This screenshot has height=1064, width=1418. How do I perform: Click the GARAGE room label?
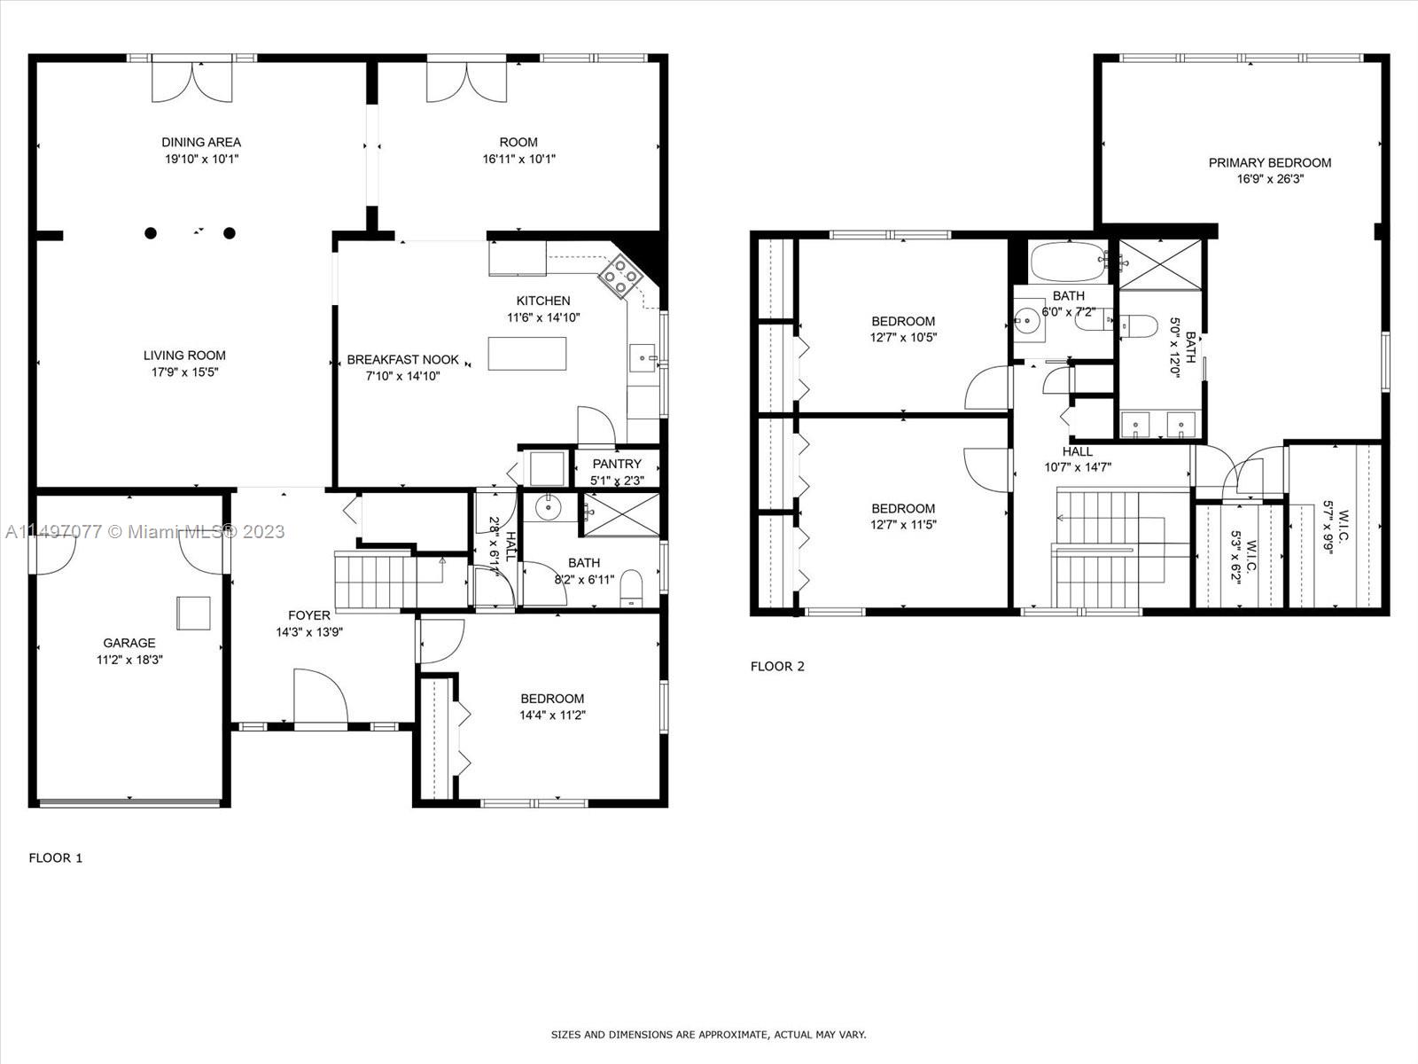pyautogui.click(x=129, y=643)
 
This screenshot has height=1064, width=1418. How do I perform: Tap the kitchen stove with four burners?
pyautogui.click(x=620, y=275)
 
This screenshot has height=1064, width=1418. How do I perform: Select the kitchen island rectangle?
pyautogui.click(x=527, y=354)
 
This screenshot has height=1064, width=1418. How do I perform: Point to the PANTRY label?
pyautogui.click(x=617, y=464)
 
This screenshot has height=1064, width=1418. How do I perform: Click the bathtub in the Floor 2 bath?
pyautogui.click(x=1069, y=262)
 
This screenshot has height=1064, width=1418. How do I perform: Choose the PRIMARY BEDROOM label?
pyautogui.click(x=1270, y=163)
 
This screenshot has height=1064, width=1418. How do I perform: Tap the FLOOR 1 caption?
pyautogui.click(x=56, y=858)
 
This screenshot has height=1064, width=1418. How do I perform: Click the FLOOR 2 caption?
pyautogui.click(x=778, y=667)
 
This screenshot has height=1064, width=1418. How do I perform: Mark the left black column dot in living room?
pyautogui.click(x=151, y=233)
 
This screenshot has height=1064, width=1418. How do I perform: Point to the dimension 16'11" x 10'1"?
pyautogui.click(x=518, y=159)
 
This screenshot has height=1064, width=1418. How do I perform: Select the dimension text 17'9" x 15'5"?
pyautogui.click(x=184, y=372)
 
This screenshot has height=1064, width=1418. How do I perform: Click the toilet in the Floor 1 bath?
pyautogui.click(x=631, y=589)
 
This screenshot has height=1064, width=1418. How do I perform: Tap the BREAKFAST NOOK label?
pyautogui.click(x=403, y=360)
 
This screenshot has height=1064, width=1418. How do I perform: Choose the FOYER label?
pyautogui.click(x=309, y=615)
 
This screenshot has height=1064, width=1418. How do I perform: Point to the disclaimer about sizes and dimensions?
pyautogui.click(x=708, y=1035)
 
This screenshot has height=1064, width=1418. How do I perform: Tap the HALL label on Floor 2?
pyautogui.click(x=1078, y=452)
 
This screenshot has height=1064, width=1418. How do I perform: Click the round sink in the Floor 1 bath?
pyautogui.click(x=549, y=508)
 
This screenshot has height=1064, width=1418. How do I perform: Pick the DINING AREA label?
pyautogui.click(x=201, y=142)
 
